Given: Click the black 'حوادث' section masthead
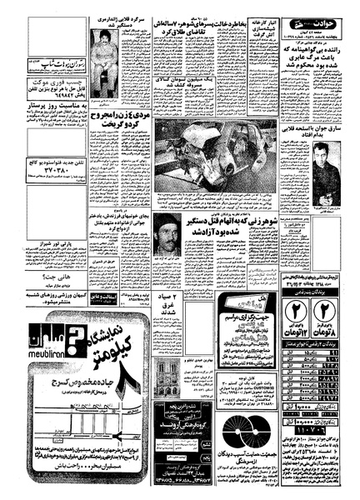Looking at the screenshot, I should coord(321,12).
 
